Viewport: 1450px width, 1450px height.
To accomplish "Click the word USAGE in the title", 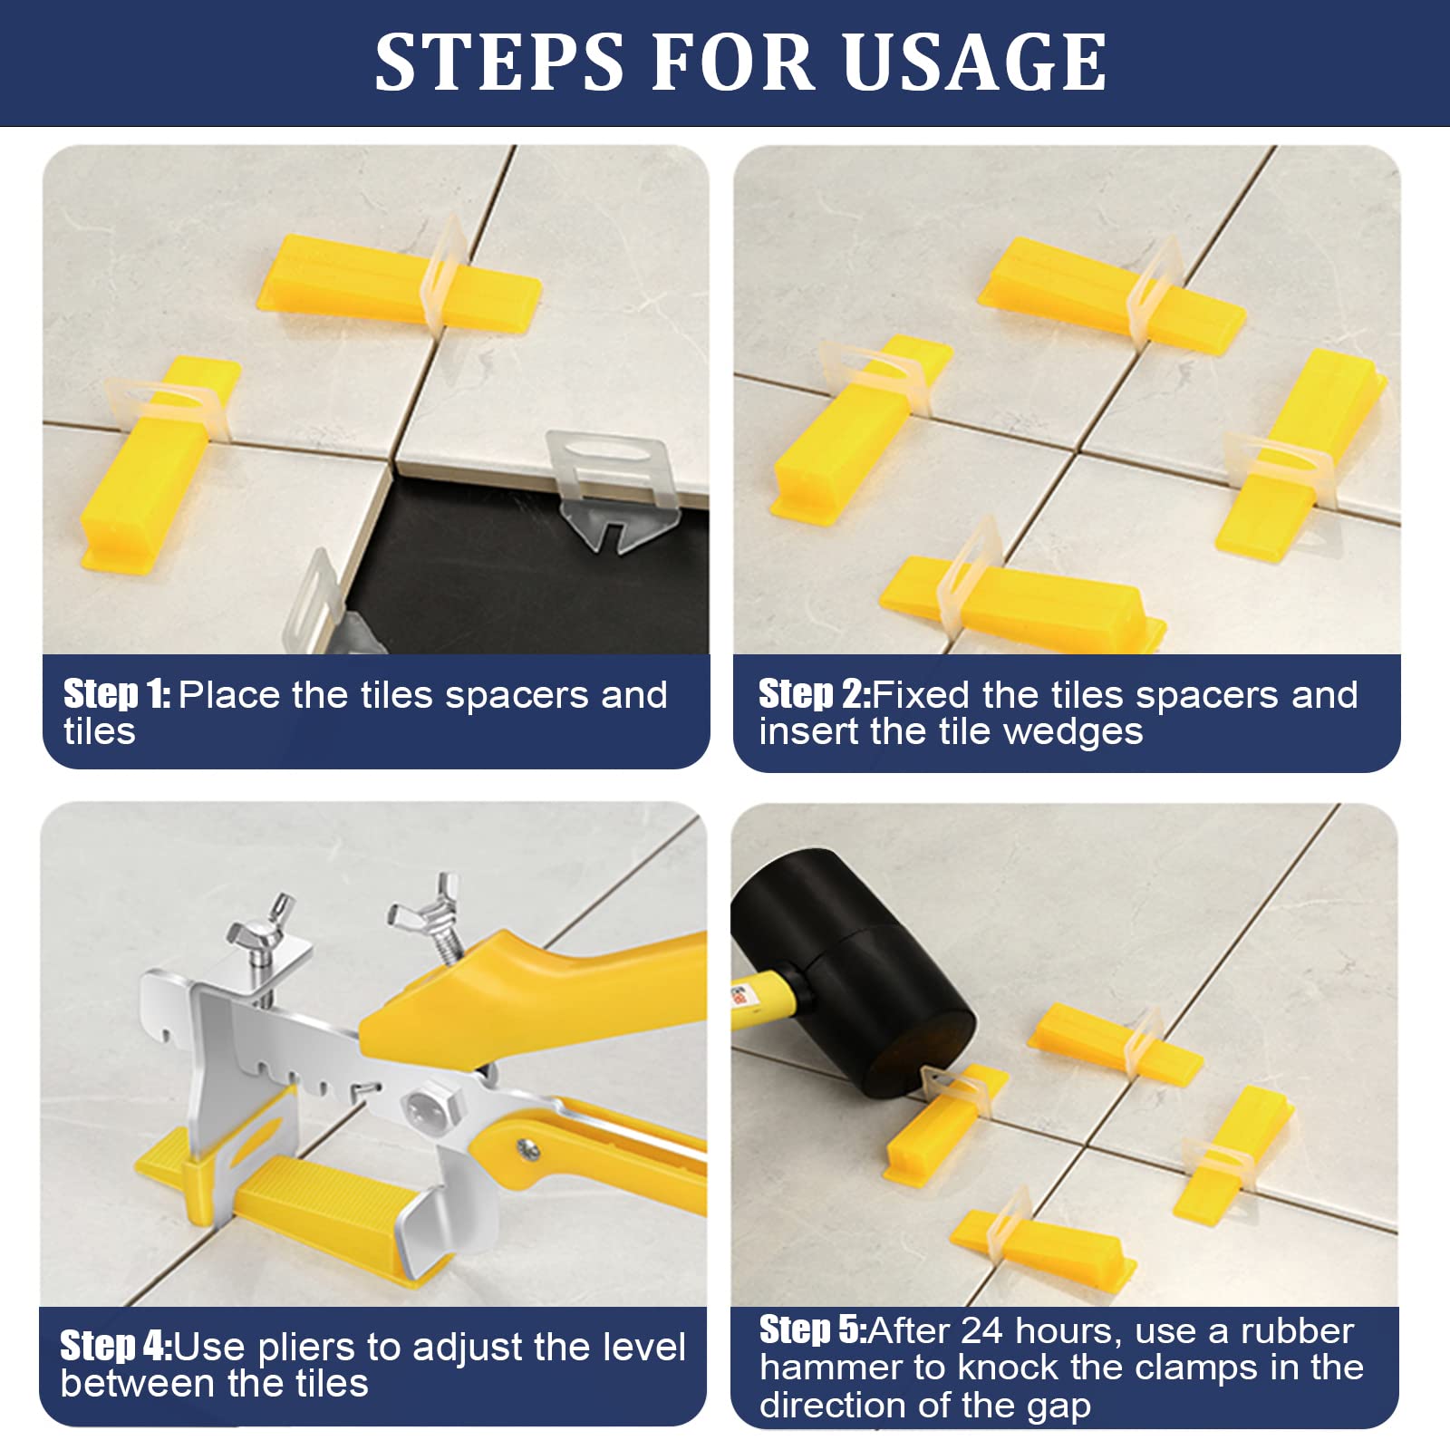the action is point(975,62).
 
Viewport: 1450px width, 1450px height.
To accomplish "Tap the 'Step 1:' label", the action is point(117,694).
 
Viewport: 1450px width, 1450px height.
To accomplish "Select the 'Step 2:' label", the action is point(815,694).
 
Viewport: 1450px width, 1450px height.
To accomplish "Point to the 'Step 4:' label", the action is point(116,1346).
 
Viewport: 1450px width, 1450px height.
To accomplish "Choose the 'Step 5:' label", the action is point(813,1329).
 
